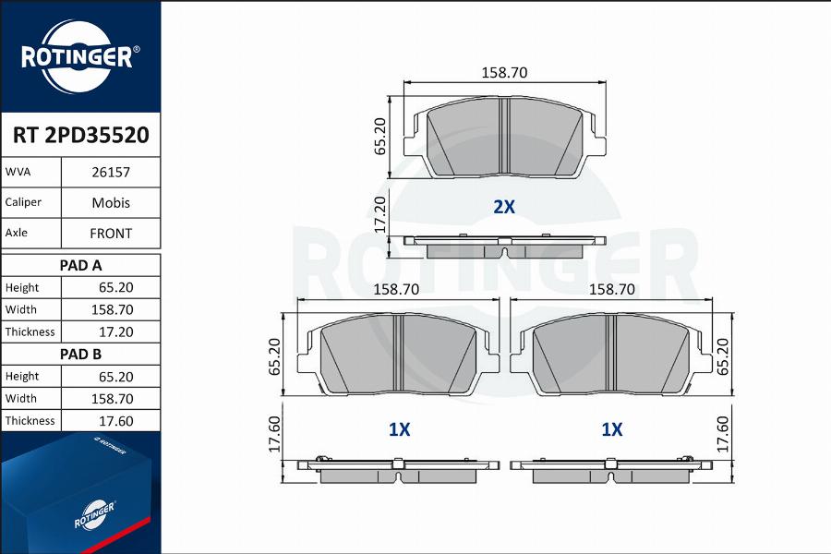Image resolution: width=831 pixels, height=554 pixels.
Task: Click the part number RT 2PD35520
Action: click(80, 135)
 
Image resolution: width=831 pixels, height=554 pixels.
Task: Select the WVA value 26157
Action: click(111, 173)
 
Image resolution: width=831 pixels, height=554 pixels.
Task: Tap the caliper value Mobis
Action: click(111, 202)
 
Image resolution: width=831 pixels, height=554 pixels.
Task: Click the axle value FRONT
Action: click(111, 234)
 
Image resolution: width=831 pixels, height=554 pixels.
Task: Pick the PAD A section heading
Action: click(80, 265)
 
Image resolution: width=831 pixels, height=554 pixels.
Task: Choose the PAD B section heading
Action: click(80, 355)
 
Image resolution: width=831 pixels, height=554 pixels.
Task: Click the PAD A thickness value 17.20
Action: click(116, 331)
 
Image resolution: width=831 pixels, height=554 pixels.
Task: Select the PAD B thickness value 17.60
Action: click(116, 421)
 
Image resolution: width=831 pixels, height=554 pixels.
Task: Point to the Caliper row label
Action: click(23, 202)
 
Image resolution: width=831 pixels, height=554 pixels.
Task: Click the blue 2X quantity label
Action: click(504, 206)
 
